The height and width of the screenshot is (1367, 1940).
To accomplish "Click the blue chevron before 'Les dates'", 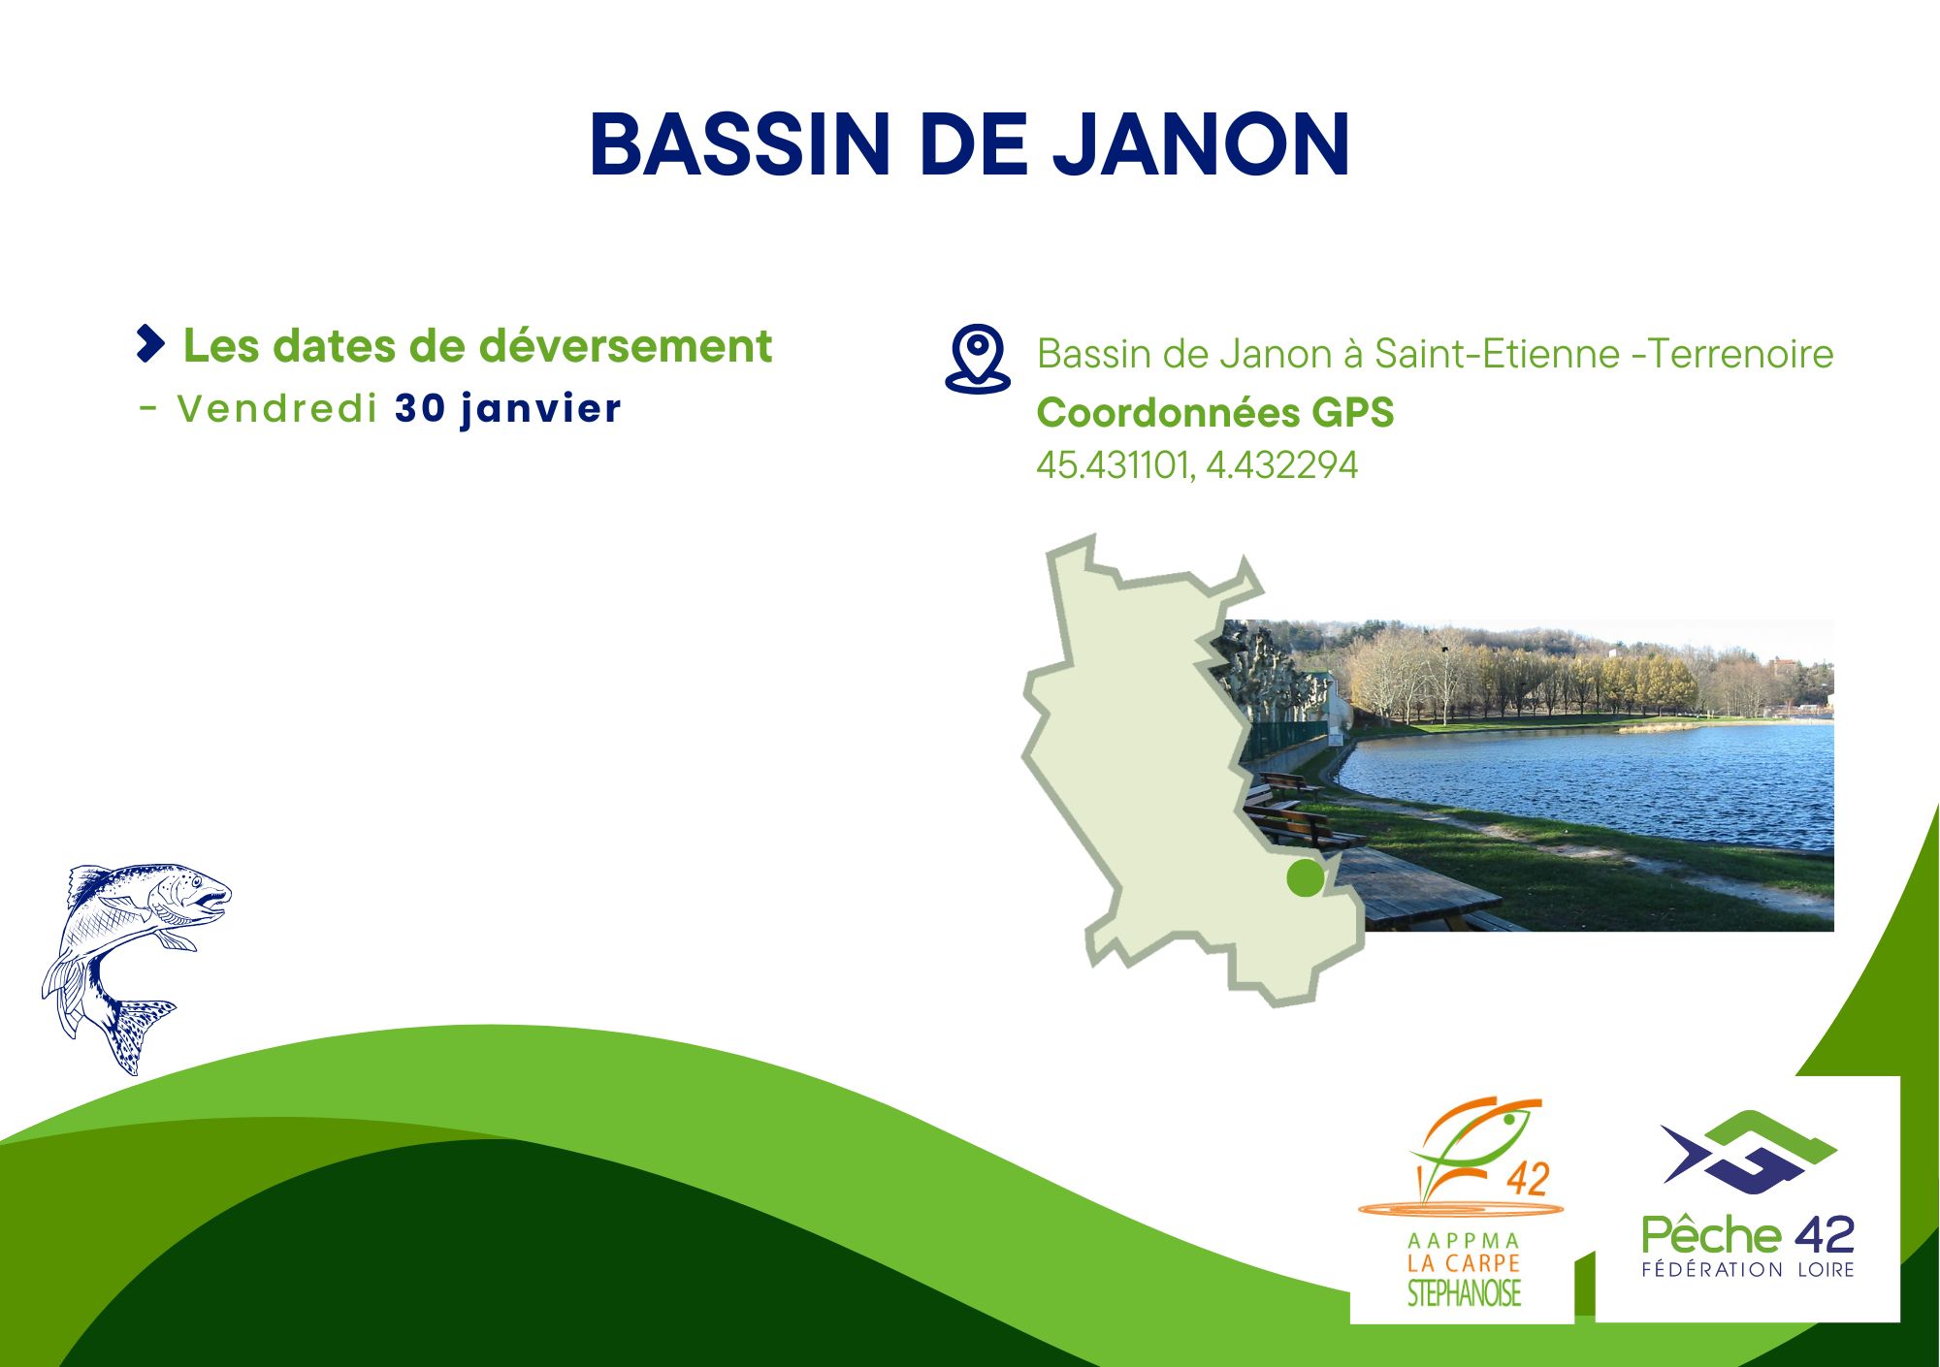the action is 150,344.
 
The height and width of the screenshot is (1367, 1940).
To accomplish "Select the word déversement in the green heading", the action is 626,346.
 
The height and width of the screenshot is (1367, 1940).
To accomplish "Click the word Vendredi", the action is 276,408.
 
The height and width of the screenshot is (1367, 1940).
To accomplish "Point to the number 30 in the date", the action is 419,408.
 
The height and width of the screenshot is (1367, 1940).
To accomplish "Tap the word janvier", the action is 540,409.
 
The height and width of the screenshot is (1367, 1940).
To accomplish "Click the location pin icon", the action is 978,358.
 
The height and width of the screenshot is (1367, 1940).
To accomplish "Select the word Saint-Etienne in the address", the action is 1498,354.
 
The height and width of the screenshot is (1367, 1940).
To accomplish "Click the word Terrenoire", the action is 1741,354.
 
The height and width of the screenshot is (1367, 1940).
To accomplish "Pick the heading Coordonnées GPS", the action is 1214,413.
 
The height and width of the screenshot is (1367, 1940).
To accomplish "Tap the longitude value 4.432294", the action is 1281,465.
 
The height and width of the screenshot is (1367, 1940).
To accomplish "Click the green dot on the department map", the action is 1306,877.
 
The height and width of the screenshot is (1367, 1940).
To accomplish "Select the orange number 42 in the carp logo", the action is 1529,1178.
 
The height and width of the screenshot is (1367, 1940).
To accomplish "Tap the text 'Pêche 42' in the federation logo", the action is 1748,1234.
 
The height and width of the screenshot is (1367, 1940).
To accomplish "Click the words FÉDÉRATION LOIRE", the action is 1748,1269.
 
